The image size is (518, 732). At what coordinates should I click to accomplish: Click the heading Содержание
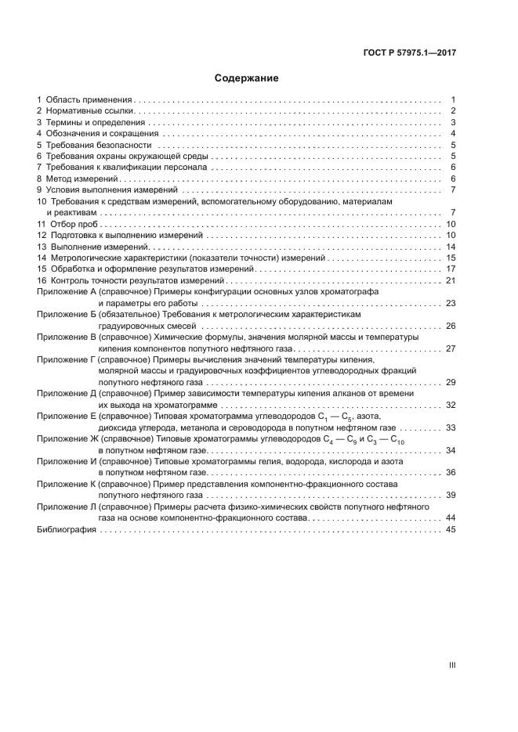(x=247, y=78)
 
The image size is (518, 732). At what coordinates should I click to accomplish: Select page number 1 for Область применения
(x=453, y=100)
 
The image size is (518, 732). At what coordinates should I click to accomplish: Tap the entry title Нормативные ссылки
(x=86, y=111)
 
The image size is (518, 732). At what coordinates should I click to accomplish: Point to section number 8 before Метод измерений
(x=40, y=178)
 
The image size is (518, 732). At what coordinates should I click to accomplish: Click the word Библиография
(x=67, y=530)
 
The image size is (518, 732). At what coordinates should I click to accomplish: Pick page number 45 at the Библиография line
(x=450, y=530)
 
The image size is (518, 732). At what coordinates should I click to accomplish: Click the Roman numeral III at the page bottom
(x=451, y=665)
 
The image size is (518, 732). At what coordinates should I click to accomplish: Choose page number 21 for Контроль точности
(x=450, y=280)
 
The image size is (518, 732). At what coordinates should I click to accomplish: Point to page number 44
(x=450, y=518)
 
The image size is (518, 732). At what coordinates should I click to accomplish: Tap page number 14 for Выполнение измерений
(x=450, y=247)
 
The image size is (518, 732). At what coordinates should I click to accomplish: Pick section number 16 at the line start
(x=42, y=280)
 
